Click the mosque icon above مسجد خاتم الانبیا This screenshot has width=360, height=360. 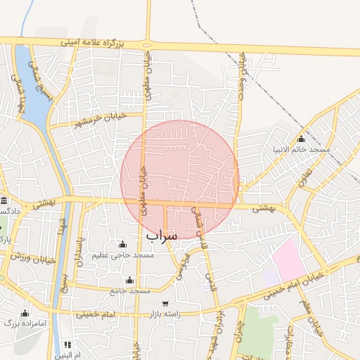coord(302,139)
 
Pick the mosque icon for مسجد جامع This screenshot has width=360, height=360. coord(129,281)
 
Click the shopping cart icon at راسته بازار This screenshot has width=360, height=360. coord(165,304)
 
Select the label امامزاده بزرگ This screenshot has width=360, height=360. coord(15,323)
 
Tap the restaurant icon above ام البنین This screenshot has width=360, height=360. coord(67,345)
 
